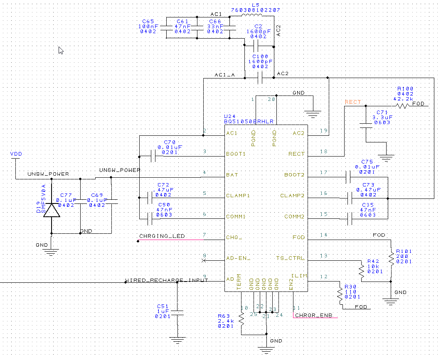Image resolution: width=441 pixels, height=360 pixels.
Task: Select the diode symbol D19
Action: tap(51, 209)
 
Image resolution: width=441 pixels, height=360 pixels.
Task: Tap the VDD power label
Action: tap(16, 154)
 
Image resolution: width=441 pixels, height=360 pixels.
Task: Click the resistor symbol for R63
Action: tap(241, 318)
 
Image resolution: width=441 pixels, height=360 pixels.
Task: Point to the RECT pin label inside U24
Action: tap(296, 154)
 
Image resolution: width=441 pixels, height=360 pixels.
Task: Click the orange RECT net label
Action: tap(353, 102)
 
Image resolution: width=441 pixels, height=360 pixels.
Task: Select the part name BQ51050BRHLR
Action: tap(249, 121)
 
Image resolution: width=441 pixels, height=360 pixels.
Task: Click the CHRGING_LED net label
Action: tap(162, 236)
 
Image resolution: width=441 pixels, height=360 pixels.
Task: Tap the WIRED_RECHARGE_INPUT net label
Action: tap(166, 280)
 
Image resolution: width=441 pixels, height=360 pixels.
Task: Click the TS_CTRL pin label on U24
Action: tap(291, 258)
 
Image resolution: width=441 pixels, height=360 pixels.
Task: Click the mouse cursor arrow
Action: tap(61, 50)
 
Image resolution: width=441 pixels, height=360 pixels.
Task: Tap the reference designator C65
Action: tap(148, 21)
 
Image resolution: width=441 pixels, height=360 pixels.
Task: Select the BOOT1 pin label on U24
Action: tap(236, 154)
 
